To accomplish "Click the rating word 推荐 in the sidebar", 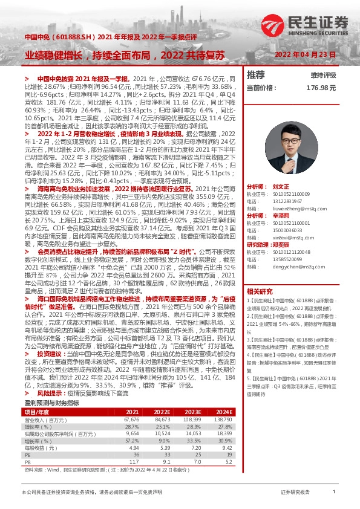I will (x=256, y=75).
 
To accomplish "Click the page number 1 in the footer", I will (x=333, y=493).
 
